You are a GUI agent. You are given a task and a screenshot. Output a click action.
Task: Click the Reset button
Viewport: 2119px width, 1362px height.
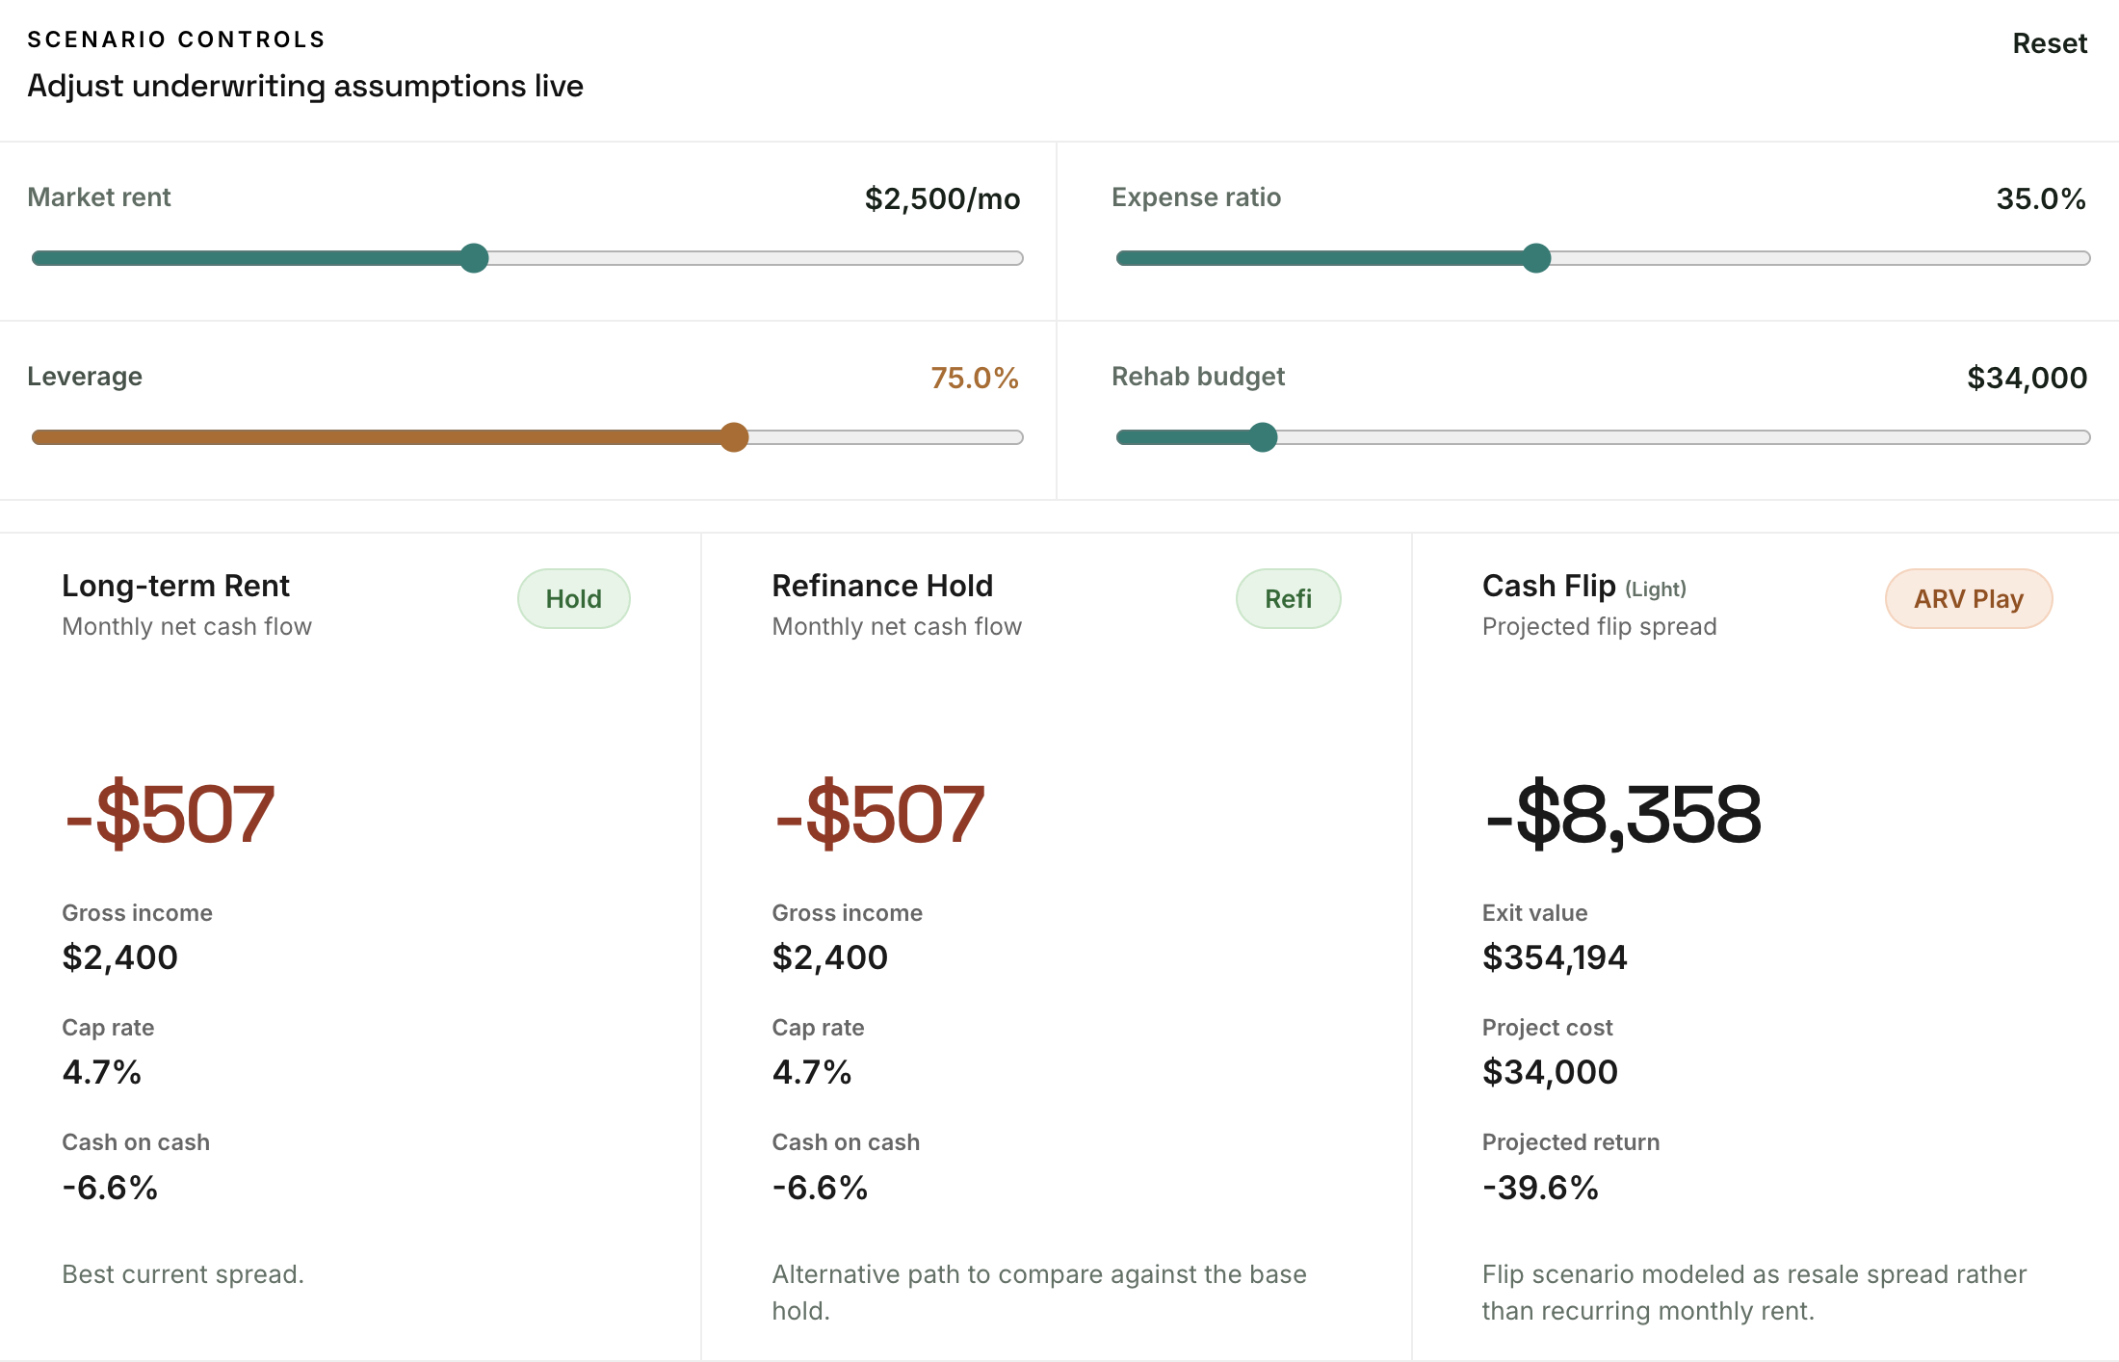2049,43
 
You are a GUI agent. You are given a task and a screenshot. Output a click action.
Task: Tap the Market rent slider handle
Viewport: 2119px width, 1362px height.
474,258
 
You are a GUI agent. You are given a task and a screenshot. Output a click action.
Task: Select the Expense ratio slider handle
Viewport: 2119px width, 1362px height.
1536,258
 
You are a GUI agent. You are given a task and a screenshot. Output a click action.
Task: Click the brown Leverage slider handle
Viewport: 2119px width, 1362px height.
734,437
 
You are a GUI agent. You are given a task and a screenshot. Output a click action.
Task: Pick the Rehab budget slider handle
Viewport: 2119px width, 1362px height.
1262,437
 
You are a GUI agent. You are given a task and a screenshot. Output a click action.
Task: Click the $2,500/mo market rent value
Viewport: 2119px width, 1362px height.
941,199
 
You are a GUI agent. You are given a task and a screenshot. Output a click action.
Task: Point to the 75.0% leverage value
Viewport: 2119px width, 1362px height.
974,379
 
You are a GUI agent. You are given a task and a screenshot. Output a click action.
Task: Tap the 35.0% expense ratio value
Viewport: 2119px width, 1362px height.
2040,199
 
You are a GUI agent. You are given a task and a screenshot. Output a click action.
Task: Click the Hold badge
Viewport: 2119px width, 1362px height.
573,599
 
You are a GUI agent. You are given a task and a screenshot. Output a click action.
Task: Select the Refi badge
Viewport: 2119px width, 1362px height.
1288,599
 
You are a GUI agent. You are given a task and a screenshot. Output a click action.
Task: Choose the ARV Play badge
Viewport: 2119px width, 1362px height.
1968,599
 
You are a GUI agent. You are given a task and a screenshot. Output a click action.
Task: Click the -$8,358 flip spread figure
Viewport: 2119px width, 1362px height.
1622,815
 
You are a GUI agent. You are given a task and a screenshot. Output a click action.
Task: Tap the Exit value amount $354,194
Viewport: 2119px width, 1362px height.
1554,957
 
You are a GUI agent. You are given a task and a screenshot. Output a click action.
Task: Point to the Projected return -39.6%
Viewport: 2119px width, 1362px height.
1539,1188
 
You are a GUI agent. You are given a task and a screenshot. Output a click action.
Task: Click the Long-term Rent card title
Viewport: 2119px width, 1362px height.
175,586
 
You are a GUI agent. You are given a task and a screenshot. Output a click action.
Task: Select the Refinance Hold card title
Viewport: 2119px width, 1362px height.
881,586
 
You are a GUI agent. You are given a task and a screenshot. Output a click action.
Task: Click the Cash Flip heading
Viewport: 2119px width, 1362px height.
1548,586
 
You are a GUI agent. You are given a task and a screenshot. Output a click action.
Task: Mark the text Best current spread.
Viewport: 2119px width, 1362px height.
183,1274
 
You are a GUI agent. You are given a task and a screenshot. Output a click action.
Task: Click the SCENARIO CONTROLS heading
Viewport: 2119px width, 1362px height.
176,39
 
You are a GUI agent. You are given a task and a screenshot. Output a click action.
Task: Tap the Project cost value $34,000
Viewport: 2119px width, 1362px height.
1549,1072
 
